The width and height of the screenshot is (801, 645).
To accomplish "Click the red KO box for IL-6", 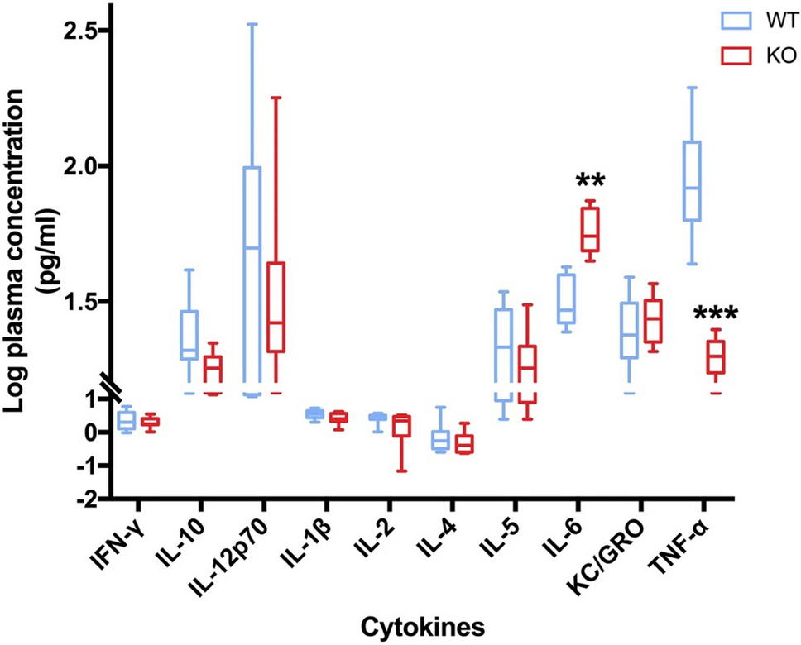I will pos(590,230).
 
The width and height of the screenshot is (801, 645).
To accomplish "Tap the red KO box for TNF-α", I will pos(715,357).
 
